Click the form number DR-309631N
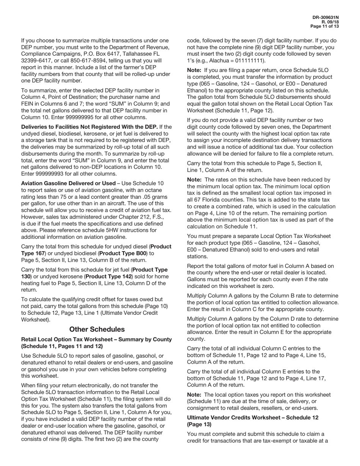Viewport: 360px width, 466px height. coord(326,17)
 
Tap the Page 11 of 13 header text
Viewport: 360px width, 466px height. coord(324,27)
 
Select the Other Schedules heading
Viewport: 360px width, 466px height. coord(97,329)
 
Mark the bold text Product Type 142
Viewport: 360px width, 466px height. coord(113,277)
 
